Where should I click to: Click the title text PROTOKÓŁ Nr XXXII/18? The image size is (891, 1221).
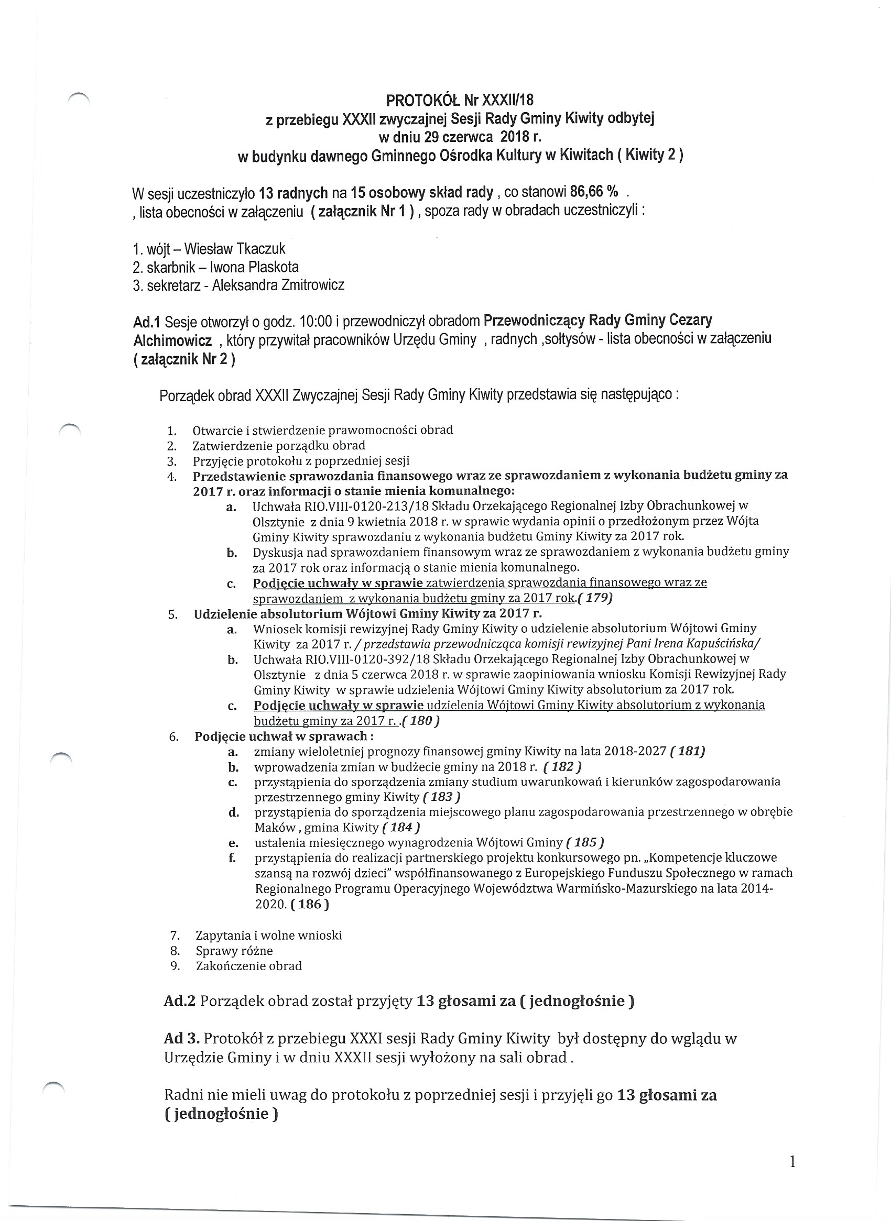460,100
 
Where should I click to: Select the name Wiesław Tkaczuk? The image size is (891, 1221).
235,248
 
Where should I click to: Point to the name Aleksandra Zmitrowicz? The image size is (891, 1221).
278,285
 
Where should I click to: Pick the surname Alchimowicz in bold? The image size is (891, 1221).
172,340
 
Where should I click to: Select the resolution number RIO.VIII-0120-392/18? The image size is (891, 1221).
361,659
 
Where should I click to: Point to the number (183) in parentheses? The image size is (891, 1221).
442,797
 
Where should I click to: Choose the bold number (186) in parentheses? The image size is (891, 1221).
310,904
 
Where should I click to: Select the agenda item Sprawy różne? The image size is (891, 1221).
234,950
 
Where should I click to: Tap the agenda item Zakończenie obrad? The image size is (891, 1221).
248,965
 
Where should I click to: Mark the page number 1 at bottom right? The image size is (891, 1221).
792,1162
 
